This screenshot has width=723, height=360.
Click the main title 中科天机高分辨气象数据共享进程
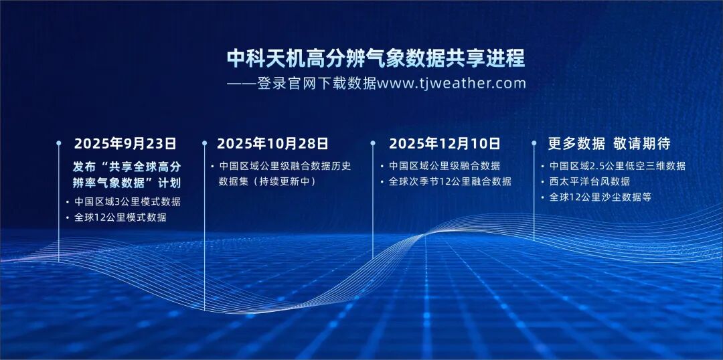coord(376,58)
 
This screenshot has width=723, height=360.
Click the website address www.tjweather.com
coord(451,84)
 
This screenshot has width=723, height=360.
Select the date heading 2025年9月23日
coord(125,143)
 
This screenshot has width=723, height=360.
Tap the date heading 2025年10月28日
coord(272,143)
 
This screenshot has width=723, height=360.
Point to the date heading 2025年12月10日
coord(445,143)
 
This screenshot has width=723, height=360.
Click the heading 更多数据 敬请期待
coord(609,143)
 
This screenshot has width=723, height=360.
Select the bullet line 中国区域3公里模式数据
coord(127,201)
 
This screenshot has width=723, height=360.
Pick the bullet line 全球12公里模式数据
coord(120,217)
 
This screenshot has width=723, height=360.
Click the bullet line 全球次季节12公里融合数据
coord(450,181)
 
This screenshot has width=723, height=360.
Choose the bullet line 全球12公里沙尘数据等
coord(600,197)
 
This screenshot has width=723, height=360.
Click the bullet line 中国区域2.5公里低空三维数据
coord(617,166)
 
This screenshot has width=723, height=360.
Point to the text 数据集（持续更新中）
coord(268,181)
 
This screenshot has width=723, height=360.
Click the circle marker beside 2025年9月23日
coord(58,143)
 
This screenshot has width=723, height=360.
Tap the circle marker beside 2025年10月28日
coord(204,143)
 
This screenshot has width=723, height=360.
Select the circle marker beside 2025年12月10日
coord(373,143)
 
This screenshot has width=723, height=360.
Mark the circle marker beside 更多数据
coord(534,143)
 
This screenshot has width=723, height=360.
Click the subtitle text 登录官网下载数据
coord(316,84)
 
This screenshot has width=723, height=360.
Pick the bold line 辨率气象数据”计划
coord(127,183)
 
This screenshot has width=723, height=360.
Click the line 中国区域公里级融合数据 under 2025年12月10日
coord(445,166)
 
